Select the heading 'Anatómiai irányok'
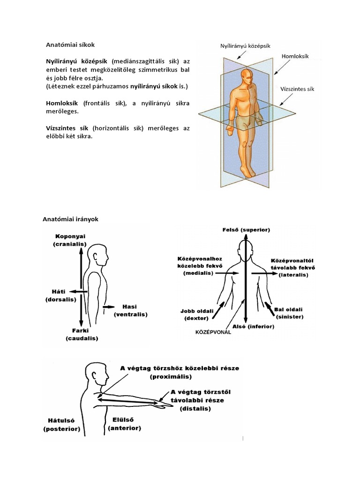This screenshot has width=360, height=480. point(71,219)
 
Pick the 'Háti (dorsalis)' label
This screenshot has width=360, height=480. point(60,295)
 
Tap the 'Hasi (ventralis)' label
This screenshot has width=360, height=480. point(131,310)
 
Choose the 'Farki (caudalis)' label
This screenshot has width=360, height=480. point(82,334)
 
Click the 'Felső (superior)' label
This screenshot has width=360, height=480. point(246,230)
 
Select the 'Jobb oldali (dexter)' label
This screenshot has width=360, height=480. point(194,314)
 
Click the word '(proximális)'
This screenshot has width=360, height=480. point(171,376)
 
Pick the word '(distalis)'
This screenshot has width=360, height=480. point(195,408)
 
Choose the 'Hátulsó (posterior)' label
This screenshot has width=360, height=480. point(62,425)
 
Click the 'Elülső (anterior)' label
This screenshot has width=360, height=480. point(124,424)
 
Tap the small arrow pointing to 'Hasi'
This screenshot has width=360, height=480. point(108,307)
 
